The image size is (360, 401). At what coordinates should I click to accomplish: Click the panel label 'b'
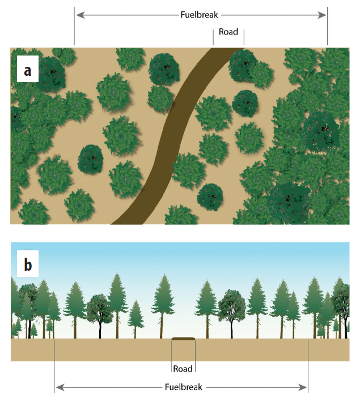point(27,265)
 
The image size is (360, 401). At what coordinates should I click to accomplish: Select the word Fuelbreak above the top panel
point(199,15)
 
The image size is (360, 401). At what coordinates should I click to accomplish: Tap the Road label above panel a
point(228,32)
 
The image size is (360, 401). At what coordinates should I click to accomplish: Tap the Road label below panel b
point(183,369)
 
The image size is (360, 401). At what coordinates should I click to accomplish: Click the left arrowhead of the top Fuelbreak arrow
point(78,15)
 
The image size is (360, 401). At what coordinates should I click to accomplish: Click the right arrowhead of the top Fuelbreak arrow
point(324,15)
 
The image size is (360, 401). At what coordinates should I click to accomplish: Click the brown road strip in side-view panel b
point(184,339)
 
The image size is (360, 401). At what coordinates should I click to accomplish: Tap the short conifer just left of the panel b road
point(136,317)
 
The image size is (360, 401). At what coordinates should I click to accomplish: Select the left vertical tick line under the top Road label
point(213,36)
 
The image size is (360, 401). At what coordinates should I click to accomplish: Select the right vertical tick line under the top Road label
point(244,36)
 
